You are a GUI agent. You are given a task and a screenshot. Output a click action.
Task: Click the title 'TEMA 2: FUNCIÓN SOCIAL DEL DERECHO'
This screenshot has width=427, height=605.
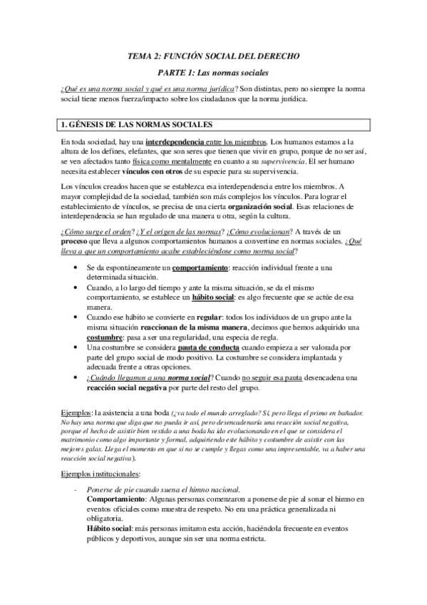(213, 55)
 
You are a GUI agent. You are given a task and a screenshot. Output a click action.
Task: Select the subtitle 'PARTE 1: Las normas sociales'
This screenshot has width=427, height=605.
(213, 73)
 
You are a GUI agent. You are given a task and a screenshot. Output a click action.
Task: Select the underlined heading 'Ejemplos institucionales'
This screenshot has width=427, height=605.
(101, 472)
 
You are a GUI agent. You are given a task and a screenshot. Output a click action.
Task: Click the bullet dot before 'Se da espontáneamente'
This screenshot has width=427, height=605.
(76, 267)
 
